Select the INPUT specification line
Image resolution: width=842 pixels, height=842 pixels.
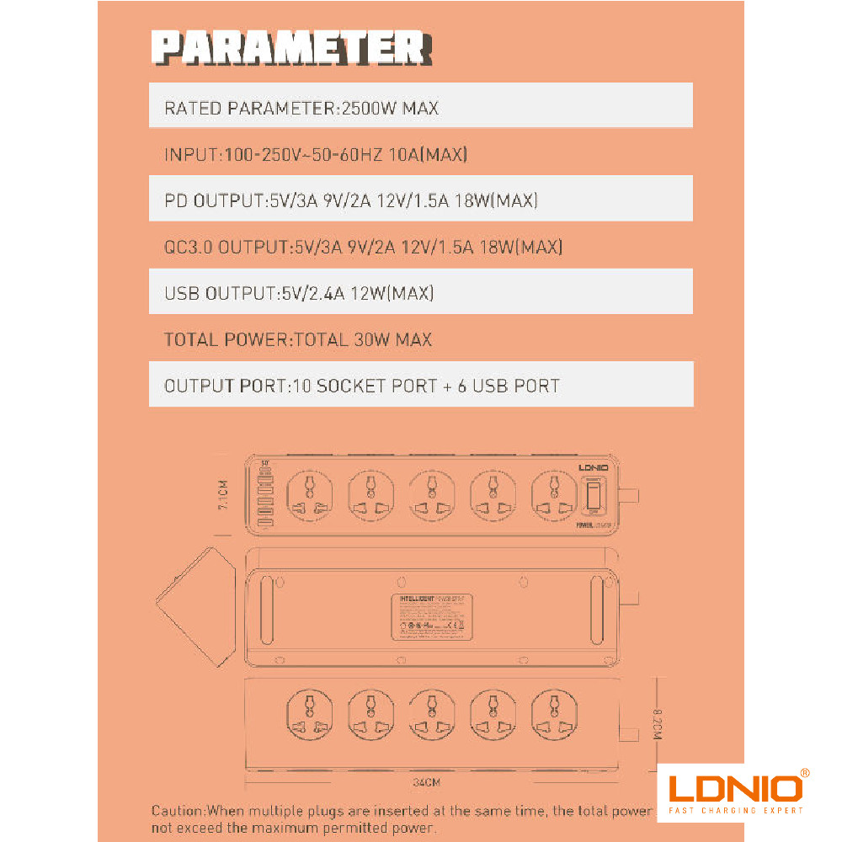pos(316,155)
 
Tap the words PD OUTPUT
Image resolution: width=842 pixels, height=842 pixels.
pos(214,201)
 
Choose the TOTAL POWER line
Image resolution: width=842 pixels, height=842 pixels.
pos(297,340)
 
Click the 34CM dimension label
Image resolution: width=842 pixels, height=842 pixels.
pos(426,782)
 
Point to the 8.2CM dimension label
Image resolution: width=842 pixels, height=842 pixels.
pos(658,723)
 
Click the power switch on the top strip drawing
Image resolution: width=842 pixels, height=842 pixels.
pos(594,494)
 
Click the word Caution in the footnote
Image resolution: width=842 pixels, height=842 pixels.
pos(178,811)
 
